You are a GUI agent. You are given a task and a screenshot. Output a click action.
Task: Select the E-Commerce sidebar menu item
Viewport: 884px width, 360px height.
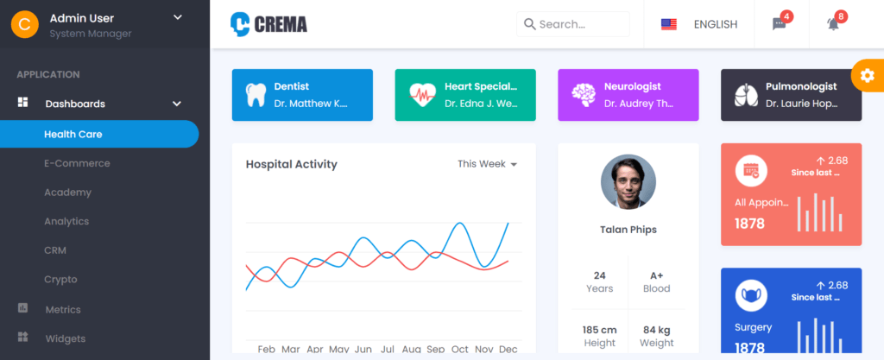coord(77,163)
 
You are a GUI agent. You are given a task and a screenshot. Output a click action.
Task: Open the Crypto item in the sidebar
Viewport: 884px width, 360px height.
coord(60,279)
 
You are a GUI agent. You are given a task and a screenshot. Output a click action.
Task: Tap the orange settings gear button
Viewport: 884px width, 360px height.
coord(867,76)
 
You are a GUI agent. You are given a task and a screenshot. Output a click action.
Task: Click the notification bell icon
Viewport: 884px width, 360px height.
coord(833,24)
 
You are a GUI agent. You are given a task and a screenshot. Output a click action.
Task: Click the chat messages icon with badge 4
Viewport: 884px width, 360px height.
coord(779,24)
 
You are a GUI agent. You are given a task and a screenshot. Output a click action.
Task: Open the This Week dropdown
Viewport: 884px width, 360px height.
coord(487,164)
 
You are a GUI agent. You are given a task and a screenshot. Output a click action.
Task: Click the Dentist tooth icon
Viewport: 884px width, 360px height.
coord(256,95)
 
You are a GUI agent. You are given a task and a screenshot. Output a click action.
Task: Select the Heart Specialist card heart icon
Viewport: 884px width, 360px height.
coord(422,95)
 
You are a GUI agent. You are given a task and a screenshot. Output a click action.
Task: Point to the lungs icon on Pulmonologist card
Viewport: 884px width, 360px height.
coord(746,95)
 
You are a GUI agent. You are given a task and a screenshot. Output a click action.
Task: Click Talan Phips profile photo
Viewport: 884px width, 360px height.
coord(628,182)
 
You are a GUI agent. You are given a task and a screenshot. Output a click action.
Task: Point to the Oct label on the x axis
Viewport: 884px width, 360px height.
coord(459,349)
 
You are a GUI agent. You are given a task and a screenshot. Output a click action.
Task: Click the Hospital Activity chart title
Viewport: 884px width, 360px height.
coord(291,164)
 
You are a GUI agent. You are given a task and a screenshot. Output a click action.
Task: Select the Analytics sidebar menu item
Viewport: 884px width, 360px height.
coord(66,221)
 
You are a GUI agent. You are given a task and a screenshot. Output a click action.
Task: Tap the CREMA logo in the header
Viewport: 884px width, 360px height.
coord(268,24)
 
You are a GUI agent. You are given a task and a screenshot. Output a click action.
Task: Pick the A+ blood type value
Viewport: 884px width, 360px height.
coord(656,275)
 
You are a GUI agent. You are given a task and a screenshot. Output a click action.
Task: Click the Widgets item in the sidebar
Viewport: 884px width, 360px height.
coord(65,338)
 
